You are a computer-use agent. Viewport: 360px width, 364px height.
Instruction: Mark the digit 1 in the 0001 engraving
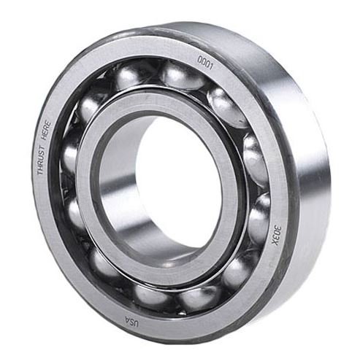(x=213, y=65)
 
